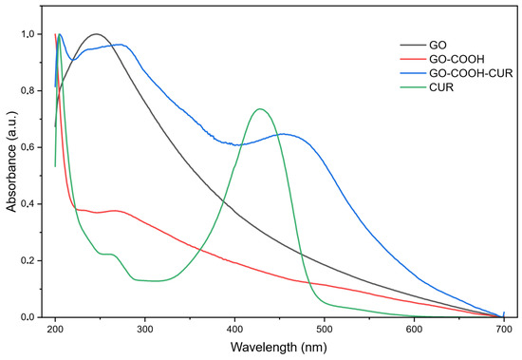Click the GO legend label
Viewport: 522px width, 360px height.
[438, 45]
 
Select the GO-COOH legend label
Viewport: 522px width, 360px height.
[457, 59]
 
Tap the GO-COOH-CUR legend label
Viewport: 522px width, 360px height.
[471, 73]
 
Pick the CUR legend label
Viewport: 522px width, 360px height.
[441, 87]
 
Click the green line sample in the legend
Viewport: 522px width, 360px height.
[413, 87]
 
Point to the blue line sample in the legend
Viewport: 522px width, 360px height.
[413, 73]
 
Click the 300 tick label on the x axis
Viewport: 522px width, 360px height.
[145, 330]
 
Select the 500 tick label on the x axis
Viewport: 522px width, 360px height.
[325, 330]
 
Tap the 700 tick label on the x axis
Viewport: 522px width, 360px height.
[504, 330]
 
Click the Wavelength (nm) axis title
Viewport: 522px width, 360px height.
[279, 348]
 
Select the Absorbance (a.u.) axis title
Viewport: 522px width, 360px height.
[11, 161]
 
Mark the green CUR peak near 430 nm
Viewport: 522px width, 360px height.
[260, 109]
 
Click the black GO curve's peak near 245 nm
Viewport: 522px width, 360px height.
[96, 34]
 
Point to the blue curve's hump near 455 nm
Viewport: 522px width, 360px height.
[284, 134]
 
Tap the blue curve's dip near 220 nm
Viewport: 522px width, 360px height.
[74, 60]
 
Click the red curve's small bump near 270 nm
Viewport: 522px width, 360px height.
[116, 211]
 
